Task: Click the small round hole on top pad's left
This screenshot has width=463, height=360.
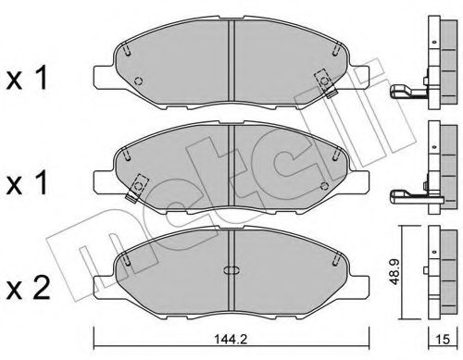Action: (x=136, y=81)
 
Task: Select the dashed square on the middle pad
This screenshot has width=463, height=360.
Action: (x=138, y=183)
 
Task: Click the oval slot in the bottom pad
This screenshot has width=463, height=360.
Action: (x=230, y=271)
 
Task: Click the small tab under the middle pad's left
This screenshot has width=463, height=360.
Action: (x=127, y=197)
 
